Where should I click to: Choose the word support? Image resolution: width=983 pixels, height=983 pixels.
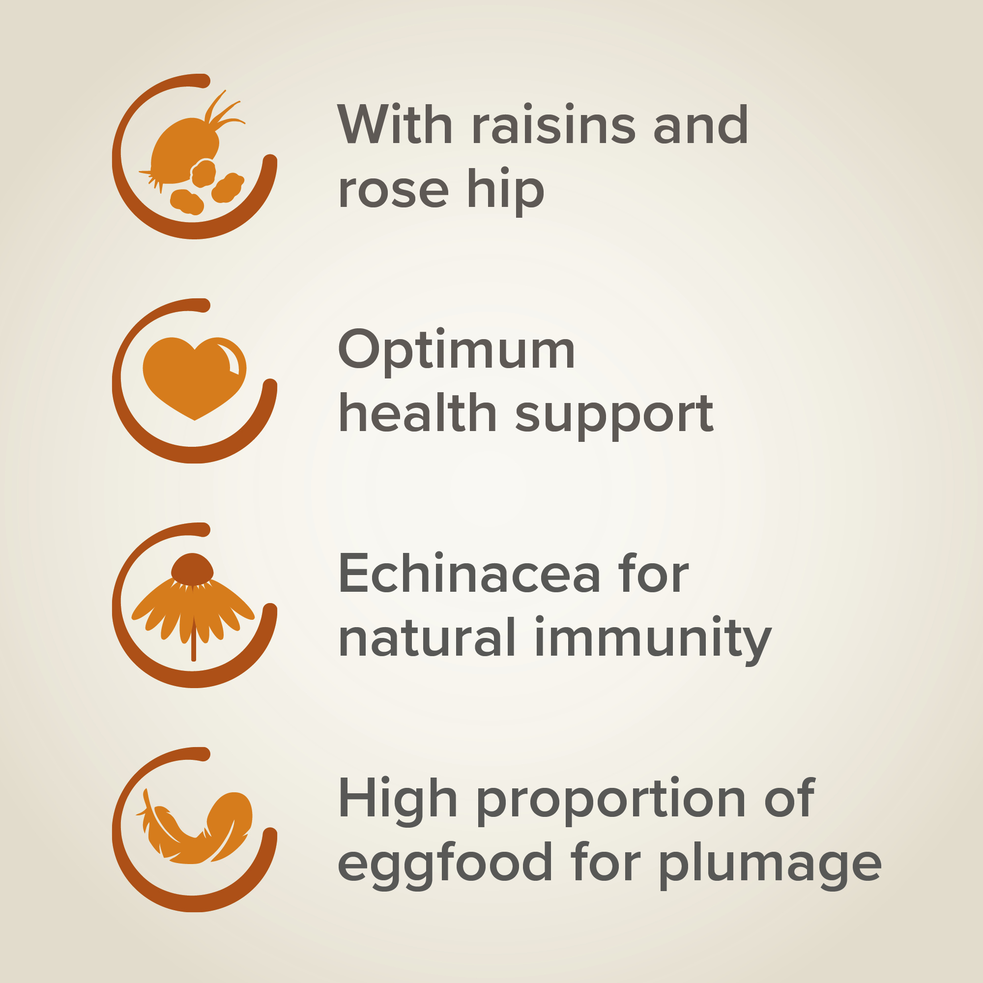tap(615, 417)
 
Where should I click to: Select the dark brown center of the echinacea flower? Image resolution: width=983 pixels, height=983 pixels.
tap(192, 569)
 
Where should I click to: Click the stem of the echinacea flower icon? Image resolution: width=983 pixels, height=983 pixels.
tap(193, 638)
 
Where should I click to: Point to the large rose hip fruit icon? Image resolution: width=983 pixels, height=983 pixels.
tap(183, 147)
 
